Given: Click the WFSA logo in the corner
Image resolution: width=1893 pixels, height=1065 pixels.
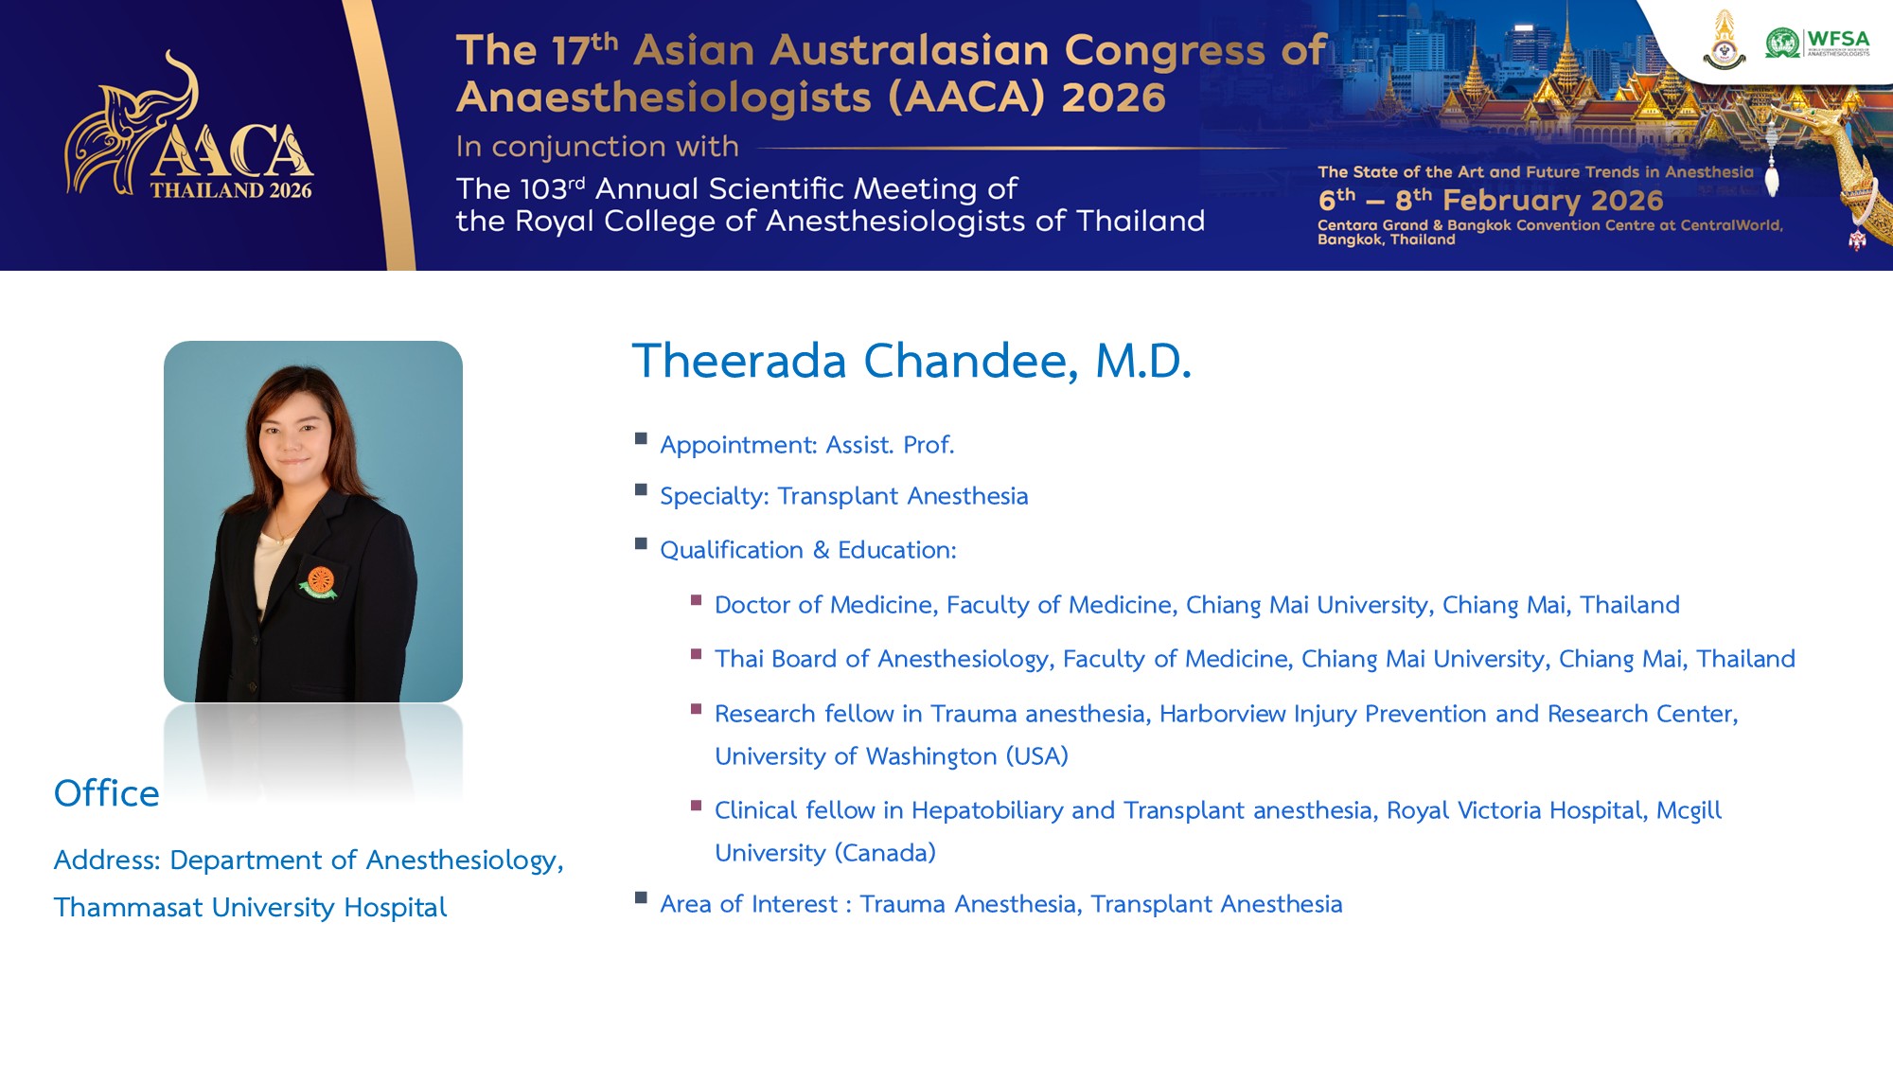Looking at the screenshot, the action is coord(1817,44).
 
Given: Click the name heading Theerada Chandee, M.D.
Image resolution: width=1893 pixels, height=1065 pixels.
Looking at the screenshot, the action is coord(911,361).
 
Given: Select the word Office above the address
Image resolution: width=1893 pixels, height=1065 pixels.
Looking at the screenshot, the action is coord(107,793).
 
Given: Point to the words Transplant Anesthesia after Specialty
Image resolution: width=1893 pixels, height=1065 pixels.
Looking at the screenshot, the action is coord(903,496).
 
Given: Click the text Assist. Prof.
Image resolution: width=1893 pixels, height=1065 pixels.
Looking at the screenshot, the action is coord(890,445).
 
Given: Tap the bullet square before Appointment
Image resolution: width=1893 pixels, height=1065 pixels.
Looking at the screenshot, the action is coord(642,438).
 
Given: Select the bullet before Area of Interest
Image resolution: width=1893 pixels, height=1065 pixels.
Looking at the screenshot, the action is coord(642,897).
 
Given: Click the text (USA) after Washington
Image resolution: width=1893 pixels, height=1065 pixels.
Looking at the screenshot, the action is coord(1036,756).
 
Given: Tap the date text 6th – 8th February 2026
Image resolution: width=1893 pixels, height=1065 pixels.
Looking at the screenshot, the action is coord(1491,200).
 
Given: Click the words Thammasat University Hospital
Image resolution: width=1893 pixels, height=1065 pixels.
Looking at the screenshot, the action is coord(250,907).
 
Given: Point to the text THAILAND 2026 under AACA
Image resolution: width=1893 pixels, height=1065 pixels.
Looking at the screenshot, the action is coord(231,190).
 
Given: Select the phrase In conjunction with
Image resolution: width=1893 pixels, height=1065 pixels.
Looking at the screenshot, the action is coord(597,147).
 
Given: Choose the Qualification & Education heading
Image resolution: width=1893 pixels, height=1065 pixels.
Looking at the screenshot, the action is coord(808,550).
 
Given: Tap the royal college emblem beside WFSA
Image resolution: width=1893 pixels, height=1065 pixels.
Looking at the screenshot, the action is coord(1725,40).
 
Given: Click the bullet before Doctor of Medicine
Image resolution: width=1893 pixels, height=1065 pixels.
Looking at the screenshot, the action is coord(697,599).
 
